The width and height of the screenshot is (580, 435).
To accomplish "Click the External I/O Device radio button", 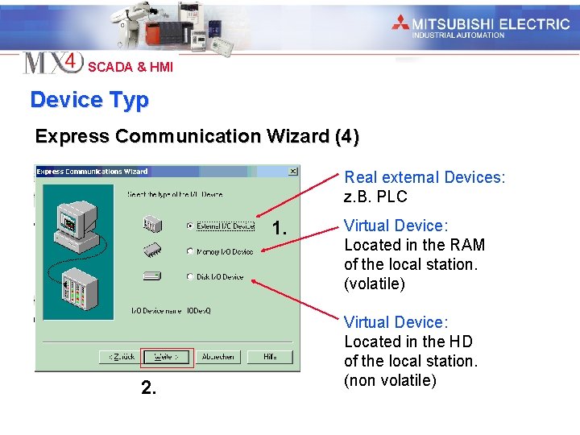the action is pyautogui.click(x=190, y=226).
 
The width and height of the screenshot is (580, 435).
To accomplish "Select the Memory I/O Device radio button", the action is pyautogui.click(x=190, y=251).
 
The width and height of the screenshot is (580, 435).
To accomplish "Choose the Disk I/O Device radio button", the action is pyautogui.click(x=190, y=276).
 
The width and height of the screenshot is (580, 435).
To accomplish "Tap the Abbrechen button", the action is pyautogui.click(x=217, y=357).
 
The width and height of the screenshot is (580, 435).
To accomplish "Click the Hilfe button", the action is pyautogui.click(x=269, y=357).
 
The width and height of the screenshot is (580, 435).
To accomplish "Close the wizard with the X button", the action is pyautogui.click(x=292, y=172).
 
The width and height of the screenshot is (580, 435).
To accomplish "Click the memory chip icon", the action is pyautogui.click(x=153, y=251).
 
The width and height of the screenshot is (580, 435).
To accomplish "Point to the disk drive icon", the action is pyautogui.click(x=153, y=276).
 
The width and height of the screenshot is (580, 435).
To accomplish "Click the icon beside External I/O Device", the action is pyautogui.click(x=153, y=226).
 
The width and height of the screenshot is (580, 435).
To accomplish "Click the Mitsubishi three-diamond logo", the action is pyautogui.click(x=401, y=23).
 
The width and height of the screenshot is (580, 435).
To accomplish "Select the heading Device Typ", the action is pyautogui.click(x=89, y=100).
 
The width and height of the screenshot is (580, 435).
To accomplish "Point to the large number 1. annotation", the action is pyautogui.click(x=280, y=229).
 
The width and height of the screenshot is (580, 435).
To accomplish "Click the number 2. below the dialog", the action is pyautogui.click(x=148, y=388).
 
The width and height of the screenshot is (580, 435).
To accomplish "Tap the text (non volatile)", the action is pyautogui.click(x=390, y=380).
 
